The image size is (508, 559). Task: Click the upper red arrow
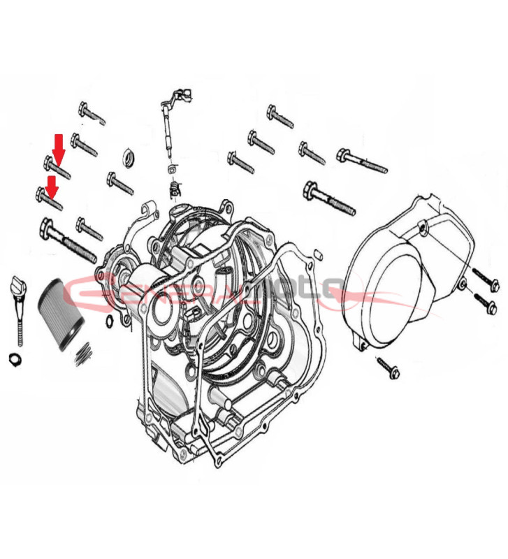(x=59, y=145)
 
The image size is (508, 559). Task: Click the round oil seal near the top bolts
(x=129, y=157)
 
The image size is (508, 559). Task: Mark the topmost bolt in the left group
(x=92, y=112)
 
